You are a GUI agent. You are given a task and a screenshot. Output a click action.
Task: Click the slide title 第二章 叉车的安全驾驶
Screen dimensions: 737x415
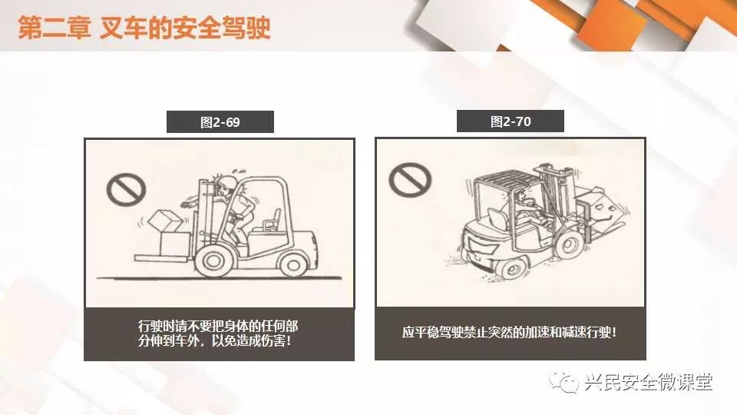tap(144, 28)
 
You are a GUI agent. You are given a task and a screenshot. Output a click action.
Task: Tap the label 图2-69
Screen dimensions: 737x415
tap(220, 122)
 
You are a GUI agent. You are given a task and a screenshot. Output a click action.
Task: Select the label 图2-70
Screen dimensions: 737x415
tap(511, 122)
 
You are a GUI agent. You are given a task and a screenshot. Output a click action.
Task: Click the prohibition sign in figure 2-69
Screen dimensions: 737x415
tap(126, 189)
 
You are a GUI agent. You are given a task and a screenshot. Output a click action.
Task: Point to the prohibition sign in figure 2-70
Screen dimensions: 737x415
tap(410, 179)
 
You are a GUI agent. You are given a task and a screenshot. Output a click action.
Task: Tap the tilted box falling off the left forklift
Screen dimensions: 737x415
tap(164, 221)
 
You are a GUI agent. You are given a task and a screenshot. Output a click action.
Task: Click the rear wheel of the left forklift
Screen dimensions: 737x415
tap(294, 263)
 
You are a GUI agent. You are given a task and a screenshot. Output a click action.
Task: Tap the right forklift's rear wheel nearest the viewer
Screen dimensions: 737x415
tap(511, 268)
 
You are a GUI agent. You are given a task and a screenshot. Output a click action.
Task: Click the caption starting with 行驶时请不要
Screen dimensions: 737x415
tap(218, 334)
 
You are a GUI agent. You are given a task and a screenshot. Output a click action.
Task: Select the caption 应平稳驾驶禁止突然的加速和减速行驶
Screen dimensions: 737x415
tap(509, 332)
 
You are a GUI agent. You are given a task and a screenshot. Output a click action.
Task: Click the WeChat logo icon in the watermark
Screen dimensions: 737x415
tap(563, 382)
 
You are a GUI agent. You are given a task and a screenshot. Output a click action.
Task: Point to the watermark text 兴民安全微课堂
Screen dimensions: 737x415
tap(649, 382)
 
